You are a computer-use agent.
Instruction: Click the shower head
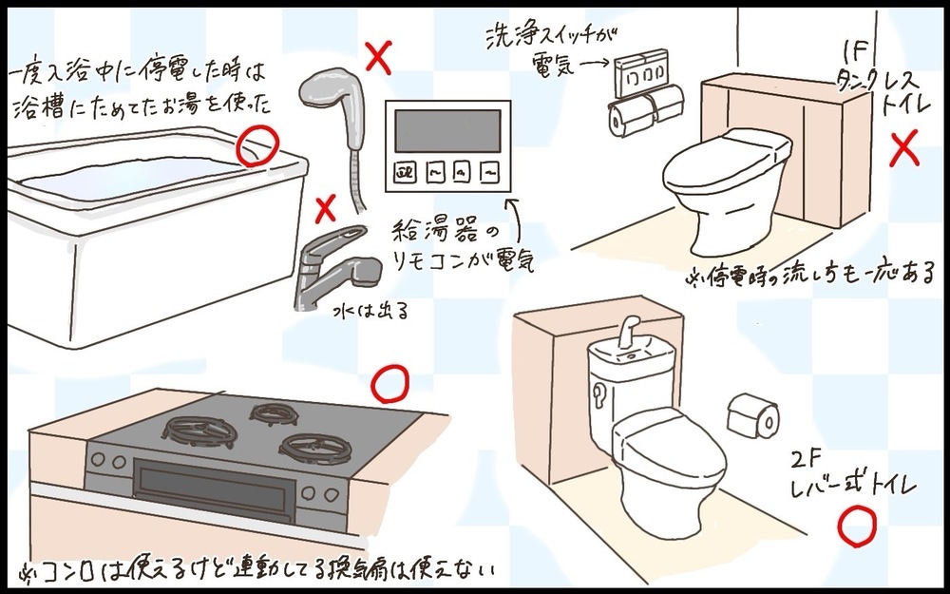click(327, 92)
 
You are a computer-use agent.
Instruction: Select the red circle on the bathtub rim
click(256, 145)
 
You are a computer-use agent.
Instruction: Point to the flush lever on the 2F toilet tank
click(599, 392)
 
